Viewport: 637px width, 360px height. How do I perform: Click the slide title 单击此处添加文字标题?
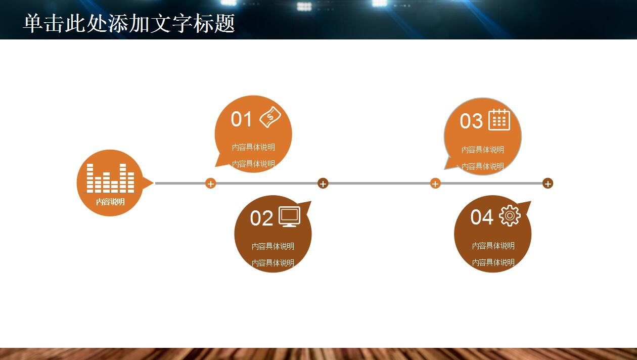129,23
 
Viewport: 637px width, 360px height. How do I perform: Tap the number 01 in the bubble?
241,119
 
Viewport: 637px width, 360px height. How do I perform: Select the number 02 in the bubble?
261,218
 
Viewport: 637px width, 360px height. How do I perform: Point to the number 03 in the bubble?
471,121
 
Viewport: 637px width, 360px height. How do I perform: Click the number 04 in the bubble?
482,217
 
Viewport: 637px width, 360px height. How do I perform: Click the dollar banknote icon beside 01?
270,117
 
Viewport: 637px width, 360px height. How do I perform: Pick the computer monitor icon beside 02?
290,217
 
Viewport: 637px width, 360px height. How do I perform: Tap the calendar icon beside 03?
499,119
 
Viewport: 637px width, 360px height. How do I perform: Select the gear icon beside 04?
510,215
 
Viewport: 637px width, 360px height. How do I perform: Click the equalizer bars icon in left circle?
110,178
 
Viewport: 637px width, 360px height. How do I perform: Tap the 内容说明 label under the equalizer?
110,202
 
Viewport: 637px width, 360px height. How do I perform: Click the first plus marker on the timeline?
210,184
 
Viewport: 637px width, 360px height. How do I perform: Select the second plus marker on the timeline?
323,184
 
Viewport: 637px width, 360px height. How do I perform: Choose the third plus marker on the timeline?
435,184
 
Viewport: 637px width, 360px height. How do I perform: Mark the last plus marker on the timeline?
548,184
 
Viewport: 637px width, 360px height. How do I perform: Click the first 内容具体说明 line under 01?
253,147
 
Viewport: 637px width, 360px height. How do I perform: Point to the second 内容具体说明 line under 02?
273,263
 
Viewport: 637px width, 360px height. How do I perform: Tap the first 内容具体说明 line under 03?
483,150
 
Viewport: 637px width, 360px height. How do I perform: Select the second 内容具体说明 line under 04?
493,262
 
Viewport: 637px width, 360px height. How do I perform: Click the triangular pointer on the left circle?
147,183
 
